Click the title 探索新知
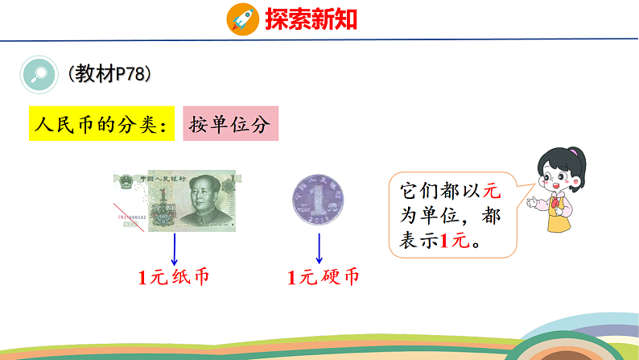(x=311, y=19)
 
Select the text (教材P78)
(x=109, y=73)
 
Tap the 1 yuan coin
(x=319, y=200)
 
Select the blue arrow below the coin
(x=319, y=247)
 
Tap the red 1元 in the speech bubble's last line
(x=456, y=239)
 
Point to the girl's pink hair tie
(x=573, y=151)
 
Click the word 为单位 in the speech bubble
(x=427, y=216)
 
